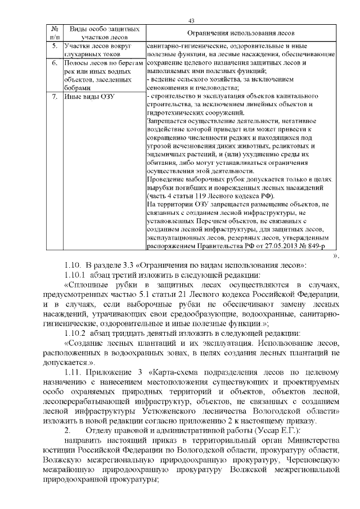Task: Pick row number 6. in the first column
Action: [x=55, y=63]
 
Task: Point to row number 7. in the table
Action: [x=55, y=96]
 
